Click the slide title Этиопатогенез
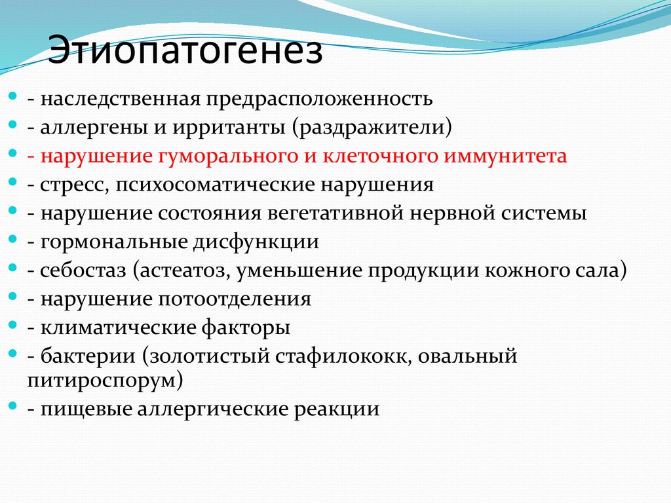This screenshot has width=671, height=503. (x=185, y=52)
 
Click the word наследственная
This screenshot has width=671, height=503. (x=122, y=99)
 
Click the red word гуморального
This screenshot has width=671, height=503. (x=220, y=157)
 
